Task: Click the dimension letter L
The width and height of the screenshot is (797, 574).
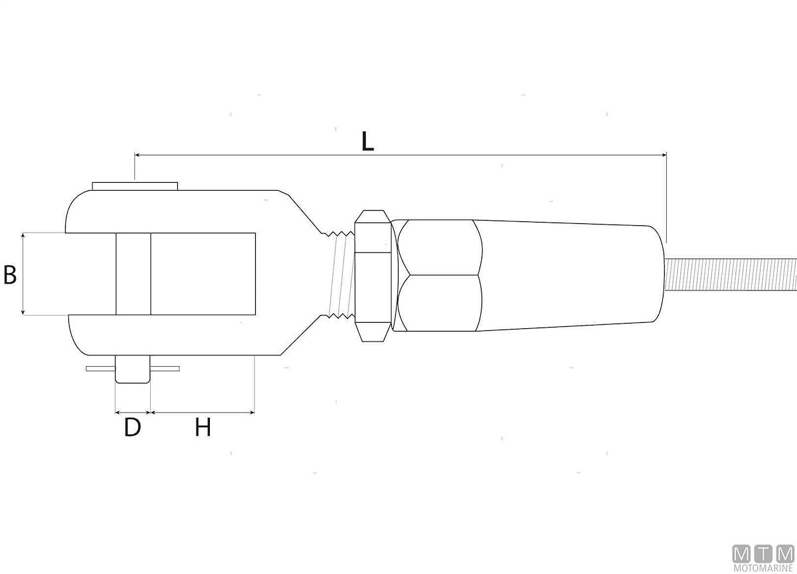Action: pos(367,142)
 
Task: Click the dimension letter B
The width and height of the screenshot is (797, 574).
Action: pos(10,275)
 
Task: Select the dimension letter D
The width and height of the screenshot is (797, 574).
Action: pos(132,427)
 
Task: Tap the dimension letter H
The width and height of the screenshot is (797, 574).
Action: pos(203,427)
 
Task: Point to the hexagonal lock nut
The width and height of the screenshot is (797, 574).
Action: pos(373,276)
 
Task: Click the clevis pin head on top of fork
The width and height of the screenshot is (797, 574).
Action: pos(135,186)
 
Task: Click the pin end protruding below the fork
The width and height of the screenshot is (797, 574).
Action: pos(132,369)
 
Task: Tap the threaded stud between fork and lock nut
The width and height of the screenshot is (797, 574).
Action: pos(340,274)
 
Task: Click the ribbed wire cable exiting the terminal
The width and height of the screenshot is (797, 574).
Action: pos(731,274)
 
